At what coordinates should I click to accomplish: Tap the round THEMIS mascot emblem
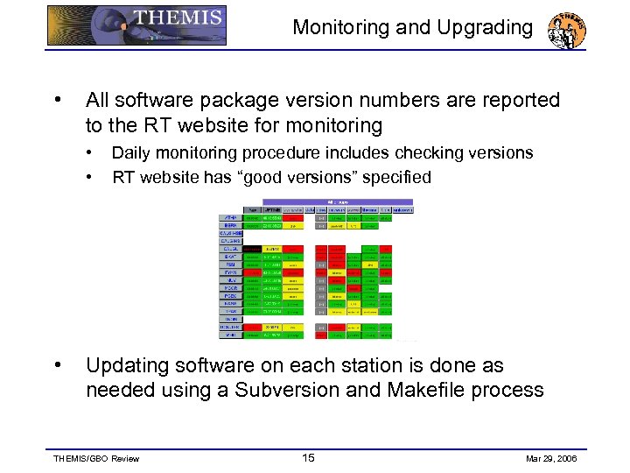point(566,30)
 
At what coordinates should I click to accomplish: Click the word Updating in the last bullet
point(132,365)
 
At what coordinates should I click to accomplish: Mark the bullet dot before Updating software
point(57,364)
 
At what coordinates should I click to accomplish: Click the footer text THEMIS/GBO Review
point(95,458)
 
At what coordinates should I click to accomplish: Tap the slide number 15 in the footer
point(308,457)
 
